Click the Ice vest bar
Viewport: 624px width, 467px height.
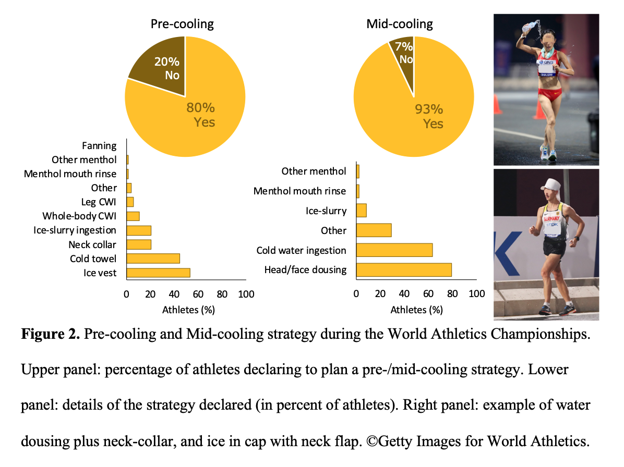158,273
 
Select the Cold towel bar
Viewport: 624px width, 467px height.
153,259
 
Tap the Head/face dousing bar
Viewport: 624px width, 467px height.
403,269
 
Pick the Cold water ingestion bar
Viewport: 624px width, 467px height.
394,250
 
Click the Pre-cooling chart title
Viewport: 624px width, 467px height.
182,24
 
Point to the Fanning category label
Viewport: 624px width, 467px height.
99,146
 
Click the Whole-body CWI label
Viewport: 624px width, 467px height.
79,216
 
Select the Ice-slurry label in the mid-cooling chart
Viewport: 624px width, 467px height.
326,211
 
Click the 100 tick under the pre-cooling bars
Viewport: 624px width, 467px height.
246,294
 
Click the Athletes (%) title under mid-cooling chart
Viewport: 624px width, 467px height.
416,310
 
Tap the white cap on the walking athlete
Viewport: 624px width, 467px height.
554,184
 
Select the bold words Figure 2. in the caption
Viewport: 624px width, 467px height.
50,335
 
